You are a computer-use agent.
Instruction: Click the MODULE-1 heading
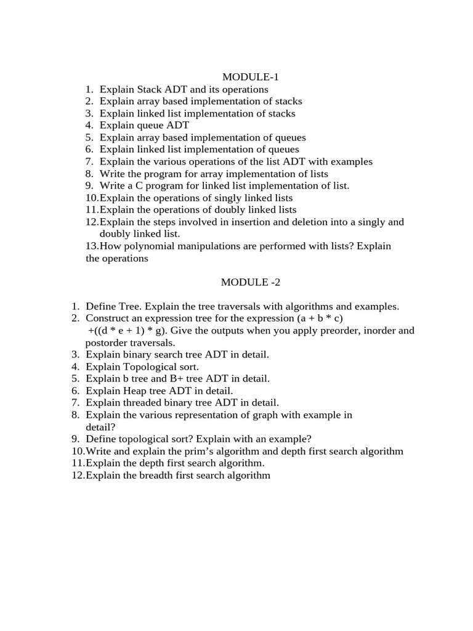coord(246,77)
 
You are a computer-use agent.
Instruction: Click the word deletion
coord(305,222)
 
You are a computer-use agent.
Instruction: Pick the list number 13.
coord(92,246)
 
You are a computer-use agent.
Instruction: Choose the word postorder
coord(107,343)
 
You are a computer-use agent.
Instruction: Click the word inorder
coord(370,331)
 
